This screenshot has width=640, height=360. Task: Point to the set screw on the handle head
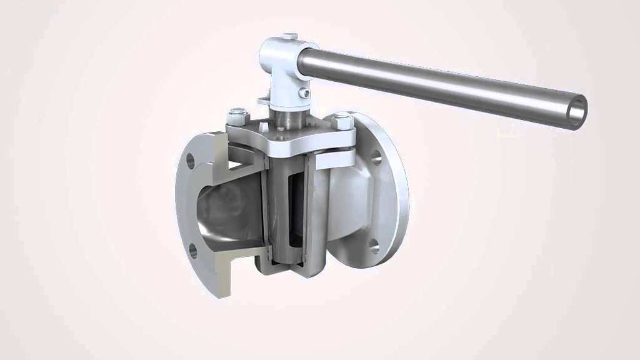(x=304, y=93)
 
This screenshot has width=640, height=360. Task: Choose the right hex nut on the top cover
(x=344, y=119)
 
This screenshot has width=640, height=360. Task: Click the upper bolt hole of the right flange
(x=376, y=157)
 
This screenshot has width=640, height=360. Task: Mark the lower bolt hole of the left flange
(x=193, y=251)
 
